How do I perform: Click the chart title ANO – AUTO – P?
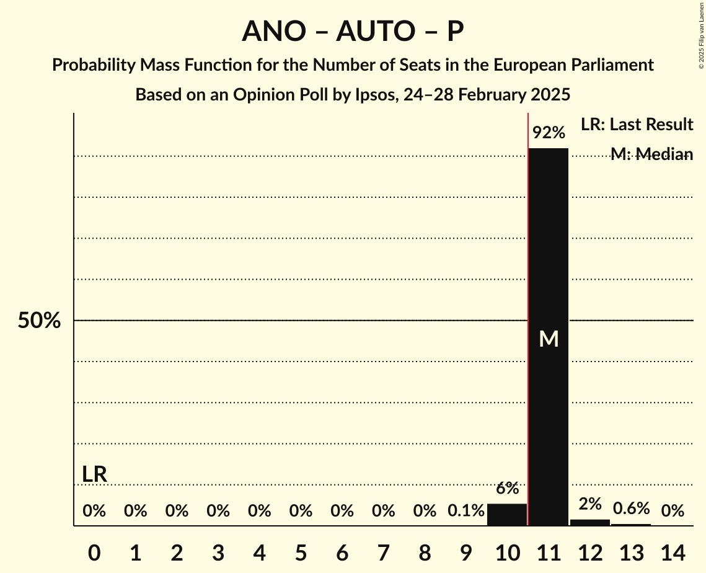pyautogui.click(x=353, y=31)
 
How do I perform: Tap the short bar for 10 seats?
pyautogui.click(x=507, y=515)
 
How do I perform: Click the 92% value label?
pyautogui.click(x=549, y=133)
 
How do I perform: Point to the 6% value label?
pyautogui.click(x=507, y=489)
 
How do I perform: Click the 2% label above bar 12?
pyautogui.click(x=590, y=504)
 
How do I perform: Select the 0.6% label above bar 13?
pyautogui.click(x=631, y=509)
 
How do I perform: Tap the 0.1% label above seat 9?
pyautogui.click(x=466, y=511)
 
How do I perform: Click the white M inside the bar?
pyautogui.click(x=549, y=339)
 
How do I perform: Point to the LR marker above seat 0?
pyautogui.click(x=94, y=474)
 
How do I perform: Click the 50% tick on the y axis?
pyautogui.click(x=39, y=321)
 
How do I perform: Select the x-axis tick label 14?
pyautogui.click(x=673, y=551)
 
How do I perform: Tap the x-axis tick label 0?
pyautogui.click(x=94, y=551)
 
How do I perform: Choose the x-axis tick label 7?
pyautogui.click(x=383, y=551)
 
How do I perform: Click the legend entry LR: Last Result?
pyautogui.click(x=637, y=125)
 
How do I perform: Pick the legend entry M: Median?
pyautogui.click(x=651, y=154)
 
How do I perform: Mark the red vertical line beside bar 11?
pyautogui.click(x=527, y=310)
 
